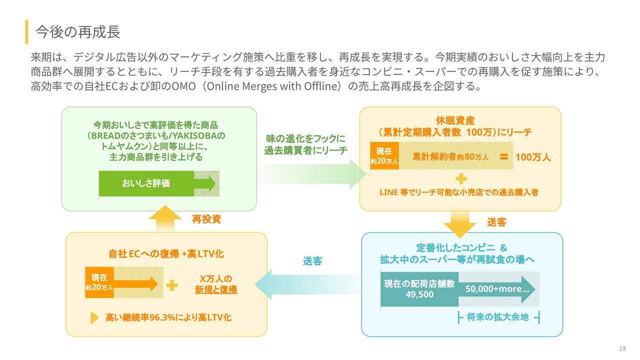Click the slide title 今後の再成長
pyautogui.click(x=78, y=32)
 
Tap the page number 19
pyautogui.click(x=622, y=348)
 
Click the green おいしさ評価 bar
pyautogui.click(x=146, y=183)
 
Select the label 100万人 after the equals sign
pyautogui.click(x=533, y=157)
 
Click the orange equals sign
pyautogui.click(x=503, y=157)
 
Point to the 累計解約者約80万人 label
pyautogui.click(x=450, y=157)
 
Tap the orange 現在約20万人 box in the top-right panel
pyautogui.click(x=384, y=156)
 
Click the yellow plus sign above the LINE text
pyautogui.click(x=461, y=178)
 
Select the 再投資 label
pyautogui.click(x=206, y=219)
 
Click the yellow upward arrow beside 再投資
pyautogui.click(x=165, y=218)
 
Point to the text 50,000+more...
pyautogui.click(x=497, y=289)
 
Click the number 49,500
pyautogui.click(x=419, y=294)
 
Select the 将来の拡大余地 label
pyautogui.click(x=497, y=317)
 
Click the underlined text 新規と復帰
pyautogui.click(x=216, y=289)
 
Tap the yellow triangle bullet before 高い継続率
pyautogui.click(x=94, y=318)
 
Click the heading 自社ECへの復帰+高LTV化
pyautogui.click(x=166, y=254)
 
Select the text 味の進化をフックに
pyautogui.click(x=305, y=138)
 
